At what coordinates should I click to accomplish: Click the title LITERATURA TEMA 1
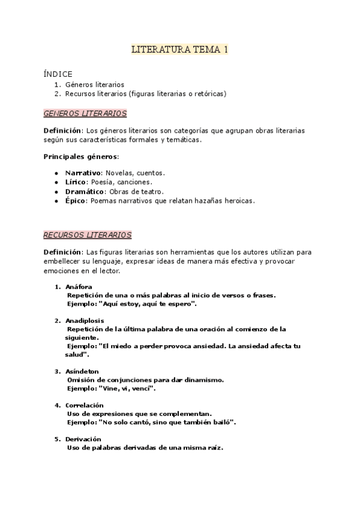pyautogui.click(x=179, y=50)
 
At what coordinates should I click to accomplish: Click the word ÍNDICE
pyautogui.click(x=58, y=74)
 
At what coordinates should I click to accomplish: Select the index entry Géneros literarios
pyautogui.click(x=94, y=85)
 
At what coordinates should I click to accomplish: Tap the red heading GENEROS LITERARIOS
pyautogui.click(x=85, y=113)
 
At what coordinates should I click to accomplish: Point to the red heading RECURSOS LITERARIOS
pyautogui.click(x=88, y=235)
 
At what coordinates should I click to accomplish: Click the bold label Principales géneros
pyautogui.click(x=80, y=157)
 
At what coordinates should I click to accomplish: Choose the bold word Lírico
pyautogui.click(x=76, y=182)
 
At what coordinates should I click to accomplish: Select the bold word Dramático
pyautogui.click(x=85, y=191)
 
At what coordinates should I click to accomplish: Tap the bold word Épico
pyautogui.click(x=76, y=200)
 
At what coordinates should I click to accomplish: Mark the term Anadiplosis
pyautogui.click(x=85, y=321)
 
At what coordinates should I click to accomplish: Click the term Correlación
pyautogui.click(x=85, y=405)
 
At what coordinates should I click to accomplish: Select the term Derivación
pyautogui.click(x=83, y=439)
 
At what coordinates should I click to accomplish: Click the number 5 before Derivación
pyautogui.click(x=57, y=439)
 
